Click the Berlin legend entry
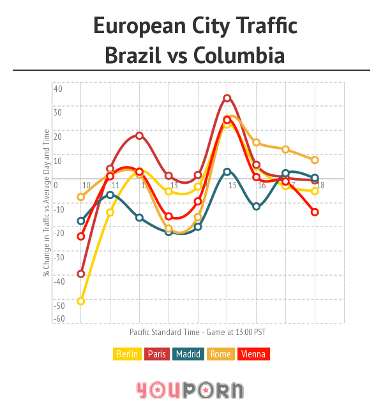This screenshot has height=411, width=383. click(x=127, y=354)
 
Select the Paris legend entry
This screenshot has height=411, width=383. click(x=157, y=354)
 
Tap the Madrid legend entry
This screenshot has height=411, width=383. click(x=188, y=354)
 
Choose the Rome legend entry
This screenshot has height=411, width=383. click(x=220, y=354)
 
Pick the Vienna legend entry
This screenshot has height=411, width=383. click(x=253, y=354)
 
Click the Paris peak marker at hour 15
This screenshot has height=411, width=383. click(x=227, y=98)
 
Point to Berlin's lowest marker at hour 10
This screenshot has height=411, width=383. click(x=81, y=301)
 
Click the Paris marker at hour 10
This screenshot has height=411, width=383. click(x=81, y=274)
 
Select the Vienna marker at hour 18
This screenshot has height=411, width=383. click(x=315, y=212)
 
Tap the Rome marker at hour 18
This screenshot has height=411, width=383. click(x=315, y=160)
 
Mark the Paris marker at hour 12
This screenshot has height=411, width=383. click(x=139, y=136)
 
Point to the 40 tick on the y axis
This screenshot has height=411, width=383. click(x=57, y=89)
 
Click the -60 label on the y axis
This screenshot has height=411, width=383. click(x=59, y=319)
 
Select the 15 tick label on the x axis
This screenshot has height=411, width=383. click(x=233, y=186)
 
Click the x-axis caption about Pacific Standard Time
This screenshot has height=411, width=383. click(x=197, y=333)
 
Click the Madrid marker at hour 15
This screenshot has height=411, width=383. click(x=227, y=172)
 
